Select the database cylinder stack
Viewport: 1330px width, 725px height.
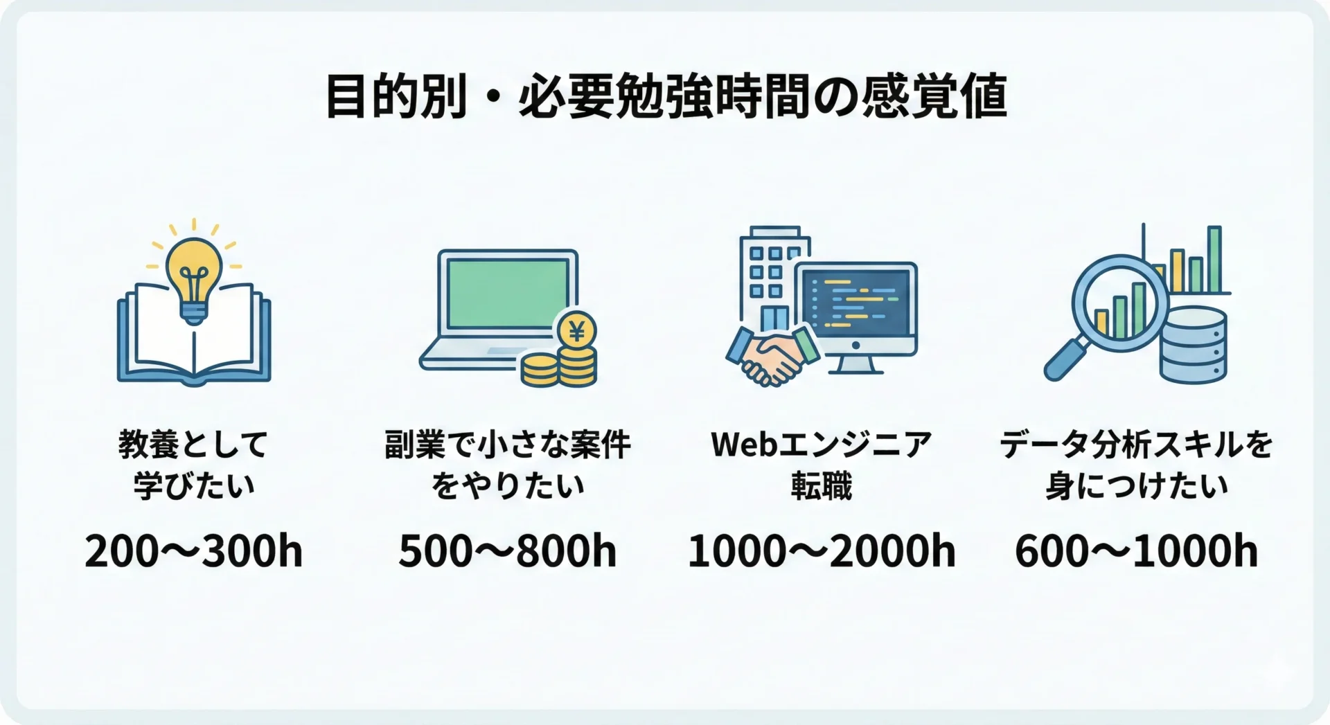(x=1193, y=345)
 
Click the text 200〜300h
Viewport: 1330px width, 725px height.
(x=194, y=551)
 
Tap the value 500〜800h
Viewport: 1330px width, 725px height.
(x=508, y=551)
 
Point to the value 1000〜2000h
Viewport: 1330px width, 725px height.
(x=822, y=551)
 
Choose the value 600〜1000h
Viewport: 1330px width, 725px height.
(x=1136, y=551)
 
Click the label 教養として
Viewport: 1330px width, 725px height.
(x=193, y=444)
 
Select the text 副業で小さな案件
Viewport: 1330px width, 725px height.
(x=508, y=444)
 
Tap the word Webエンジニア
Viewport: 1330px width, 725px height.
(x=822, y=444)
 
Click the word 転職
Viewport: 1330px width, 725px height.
(x=822, y=485)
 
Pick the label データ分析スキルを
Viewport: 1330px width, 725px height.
(x=1136, y=444)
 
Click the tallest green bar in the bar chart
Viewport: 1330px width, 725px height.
(x=1214, y=259)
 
